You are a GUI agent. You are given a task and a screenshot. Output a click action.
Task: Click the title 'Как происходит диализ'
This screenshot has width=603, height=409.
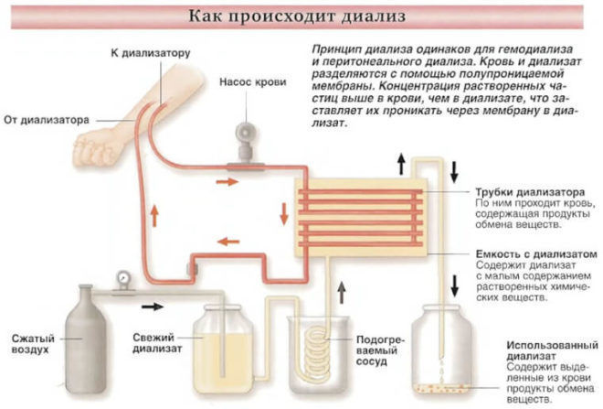(x=301, y=16)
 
